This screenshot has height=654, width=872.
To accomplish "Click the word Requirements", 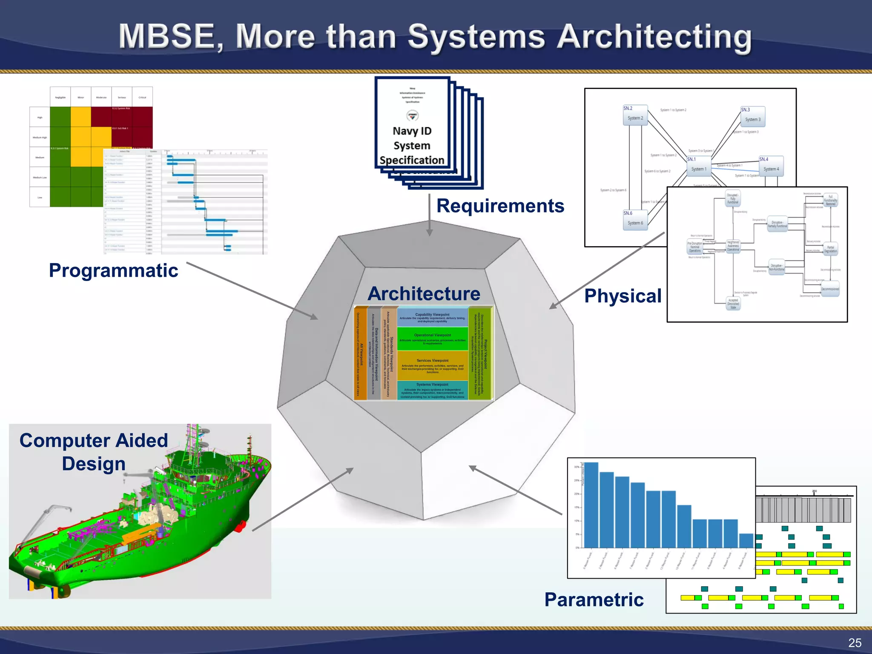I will [x=500, y=206].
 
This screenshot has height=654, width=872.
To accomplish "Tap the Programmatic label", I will [x=113, y=271].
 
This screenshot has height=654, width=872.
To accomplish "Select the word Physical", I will [x=622, y=296].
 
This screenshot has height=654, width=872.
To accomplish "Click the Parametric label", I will [x=594, y=599].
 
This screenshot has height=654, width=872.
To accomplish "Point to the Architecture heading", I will [x=424, y=294].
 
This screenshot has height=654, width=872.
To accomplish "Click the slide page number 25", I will [x=855, y=643].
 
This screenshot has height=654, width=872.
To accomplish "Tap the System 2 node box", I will [x=635, y=115].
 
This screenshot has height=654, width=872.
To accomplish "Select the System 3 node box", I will [x=752, y=117].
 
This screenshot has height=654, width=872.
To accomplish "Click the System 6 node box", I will [x=635, y=220].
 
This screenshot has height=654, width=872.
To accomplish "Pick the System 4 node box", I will [x=771, y=166].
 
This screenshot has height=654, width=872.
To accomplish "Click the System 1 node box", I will [x=698, y=166].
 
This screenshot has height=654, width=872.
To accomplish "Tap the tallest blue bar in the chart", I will [x=591, y=505].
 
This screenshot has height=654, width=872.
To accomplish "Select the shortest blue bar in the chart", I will [x=746, y=540].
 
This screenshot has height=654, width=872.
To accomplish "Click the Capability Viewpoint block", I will [x=432, y=317].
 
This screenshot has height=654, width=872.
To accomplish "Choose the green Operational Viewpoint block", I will [x=432, y=338].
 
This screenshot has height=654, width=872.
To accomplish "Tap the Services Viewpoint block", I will [x=432, y=365].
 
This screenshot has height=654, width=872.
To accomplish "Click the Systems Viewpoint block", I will [x=432, y=390].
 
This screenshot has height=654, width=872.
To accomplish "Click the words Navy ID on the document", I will [x=412, y=131].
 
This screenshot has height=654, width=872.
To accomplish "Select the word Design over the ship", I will [x=94, y=464].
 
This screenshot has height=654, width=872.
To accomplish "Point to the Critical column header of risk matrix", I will [x=142, y=98].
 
